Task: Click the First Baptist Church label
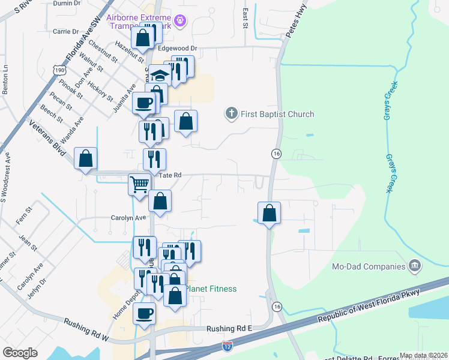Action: tap(277, 114)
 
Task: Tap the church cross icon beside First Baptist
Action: tap(231, 113)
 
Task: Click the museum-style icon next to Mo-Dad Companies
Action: tap(414, 265)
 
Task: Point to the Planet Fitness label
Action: tap(210, 289)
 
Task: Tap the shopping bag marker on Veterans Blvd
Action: tap(86, 159)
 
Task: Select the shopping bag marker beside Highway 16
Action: tap(270, 212)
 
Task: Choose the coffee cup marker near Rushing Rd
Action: tap(144, 313)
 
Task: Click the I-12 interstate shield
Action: tap(227, 346)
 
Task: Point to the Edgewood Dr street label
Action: tap(177, 48)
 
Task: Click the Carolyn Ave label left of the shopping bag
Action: tap(128, 218)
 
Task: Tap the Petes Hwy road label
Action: tap(296, 26)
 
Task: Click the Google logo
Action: tap(20, 353)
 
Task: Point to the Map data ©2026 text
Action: tap(423, 355)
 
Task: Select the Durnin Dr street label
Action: tap(67, 3)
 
